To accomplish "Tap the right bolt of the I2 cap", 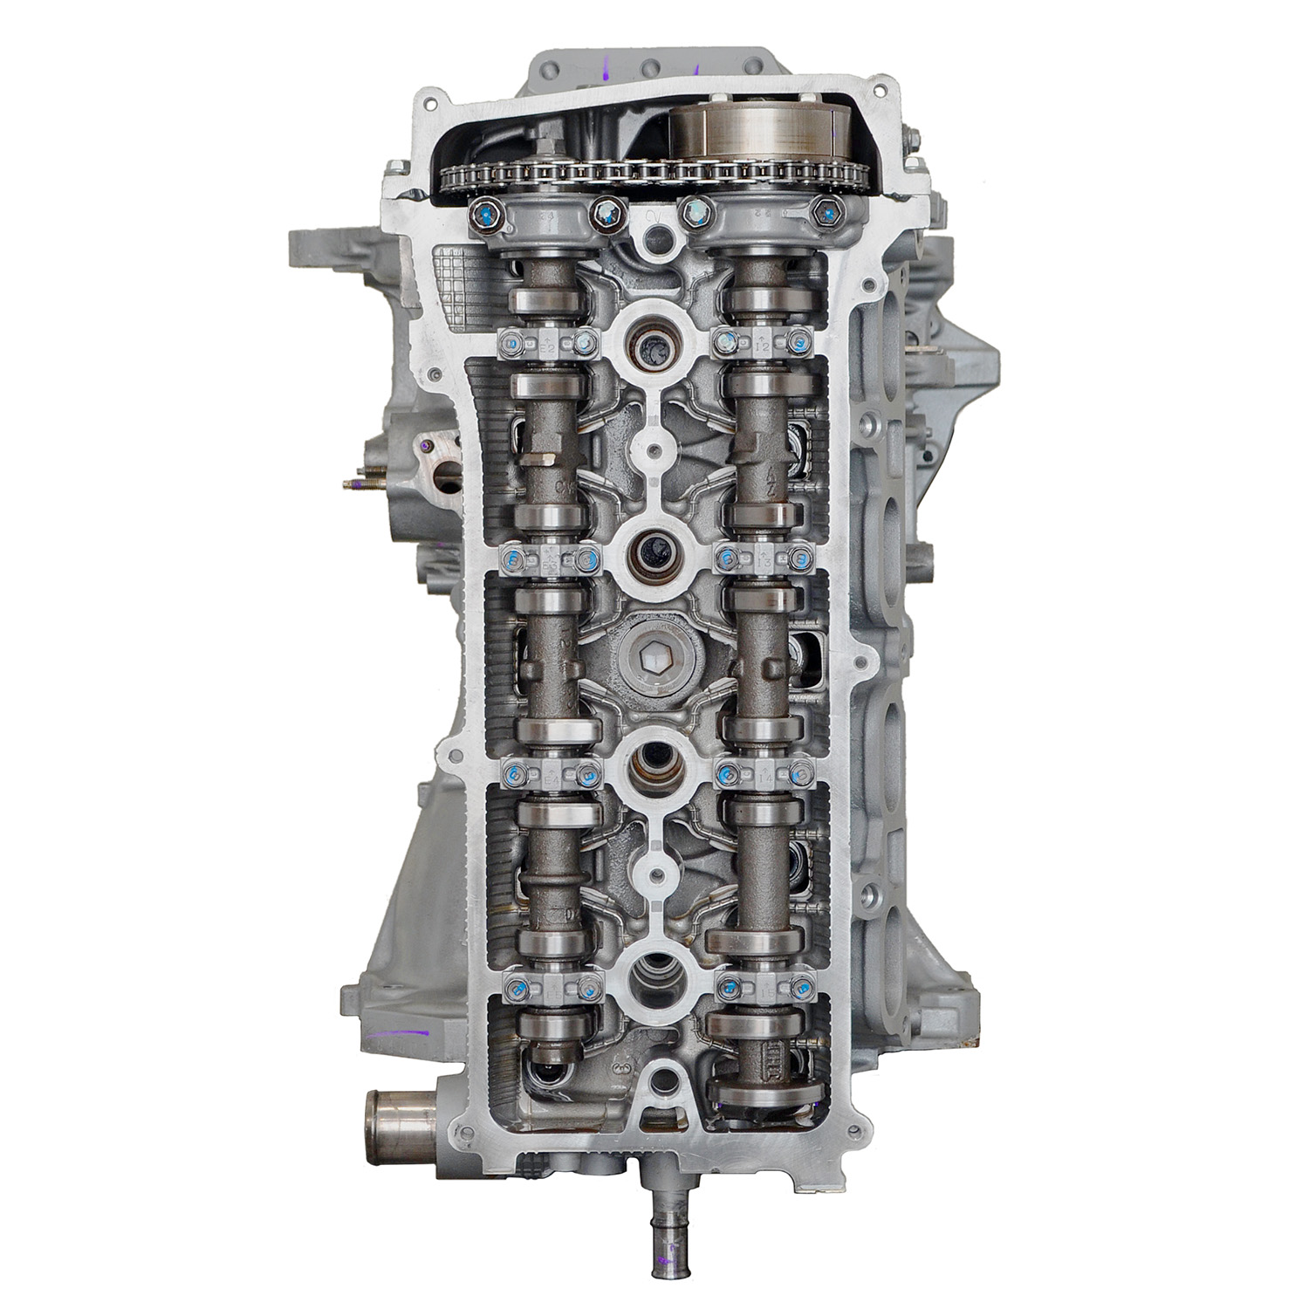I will click(x=797, y=343).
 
